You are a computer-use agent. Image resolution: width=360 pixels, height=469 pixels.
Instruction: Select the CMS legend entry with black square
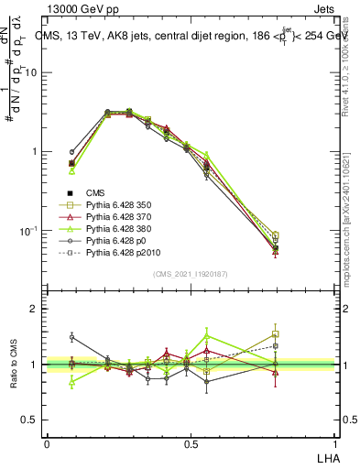point(96,192)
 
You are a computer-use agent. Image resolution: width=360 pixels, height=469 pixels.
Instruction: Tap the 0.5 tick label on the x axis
point(191,443)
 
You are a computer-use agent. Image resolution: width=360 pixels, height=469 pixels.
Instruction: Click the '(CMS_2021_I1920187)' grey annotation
point(191,273)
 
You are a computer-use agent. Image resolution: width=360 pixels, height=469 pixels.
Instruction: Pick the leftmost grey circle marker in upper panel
point(71,152)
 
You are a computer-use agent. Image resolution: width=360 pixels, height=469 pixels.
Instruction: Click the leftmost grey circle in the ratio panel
point(71,337)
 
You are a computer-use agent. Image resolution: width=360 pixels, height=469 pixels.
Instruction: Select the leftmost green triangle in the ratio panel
point(71,383)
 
